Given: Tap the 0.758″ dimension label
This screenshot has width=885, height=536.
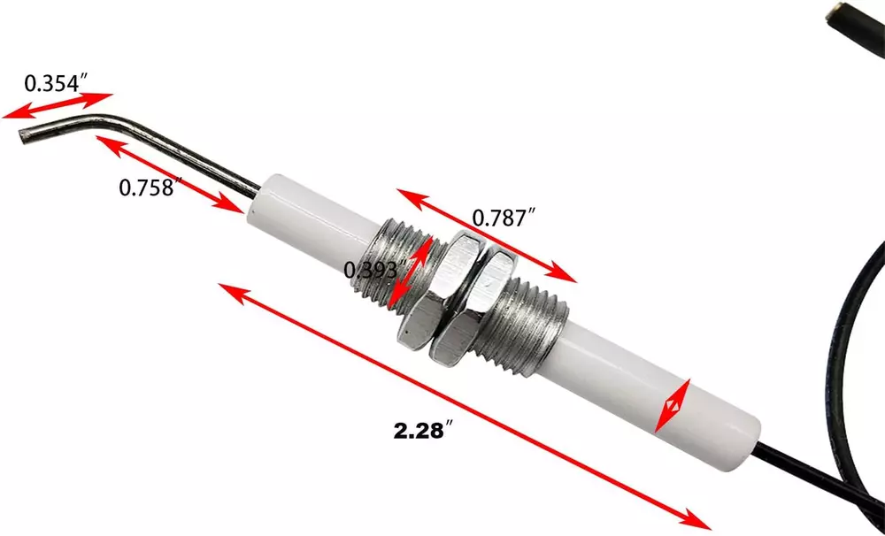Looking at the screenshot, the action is click(150, 187).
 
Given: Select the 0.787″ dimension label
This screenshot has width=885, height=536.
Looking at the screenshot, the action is click(503, 218).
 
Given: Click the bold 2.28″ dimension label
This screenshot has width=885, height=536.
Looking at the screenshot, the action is click(423, 430).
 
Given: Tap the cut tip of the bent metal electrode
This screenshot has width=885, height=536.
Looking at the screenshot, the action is click(24, 136).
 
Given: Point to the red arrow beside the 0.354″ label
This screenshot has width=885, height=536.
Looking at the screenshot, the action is click(58, 106).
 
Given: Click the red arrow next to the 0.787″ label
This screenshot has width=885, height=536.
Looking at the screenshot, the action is click(487, 235).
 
